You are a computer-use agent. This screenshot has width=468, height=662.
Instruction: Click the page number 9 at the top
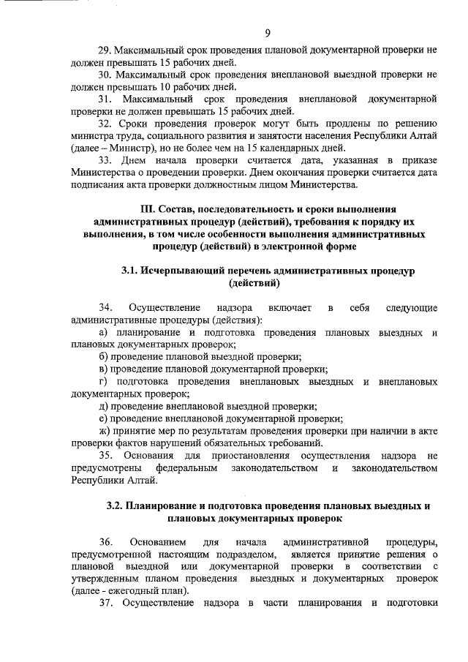coord(268,32)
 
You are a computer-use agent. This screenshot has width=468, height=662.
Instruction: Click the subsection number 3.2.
coord(116,505)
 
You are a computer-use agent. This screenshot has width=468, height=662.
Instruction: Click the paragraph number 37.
coord(105,603)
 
